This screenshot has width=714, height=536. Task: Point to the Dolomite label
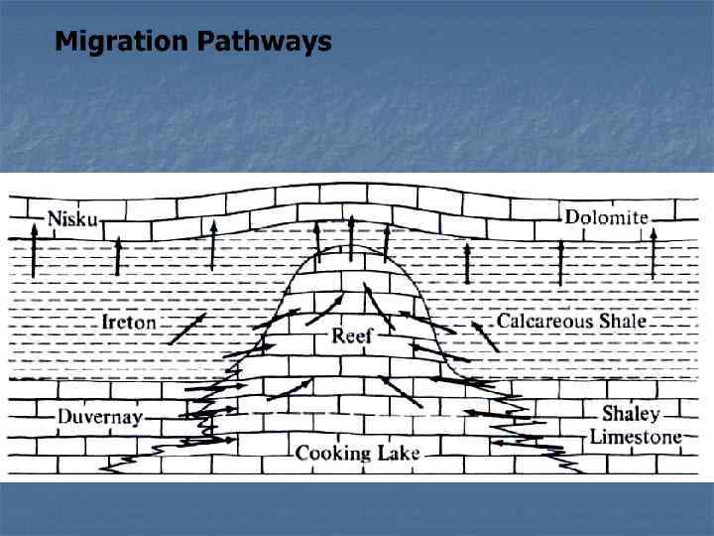point(606,216)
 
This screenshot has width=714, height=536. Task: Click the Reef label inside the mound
point(351,335)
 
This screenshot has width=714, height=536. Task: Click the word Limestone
point(636,437)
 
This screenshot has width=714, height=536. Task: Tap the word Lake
point(399,454)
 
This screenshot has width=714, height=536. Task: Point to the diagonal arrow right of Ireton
point(186,329)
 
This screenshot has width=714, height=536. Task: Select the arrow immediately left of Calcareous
point(484,335)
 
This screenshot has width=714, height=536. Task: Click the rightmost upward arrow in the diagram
point(654,252)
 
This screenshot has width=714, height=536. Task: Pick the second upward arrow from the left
point(118,256)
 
